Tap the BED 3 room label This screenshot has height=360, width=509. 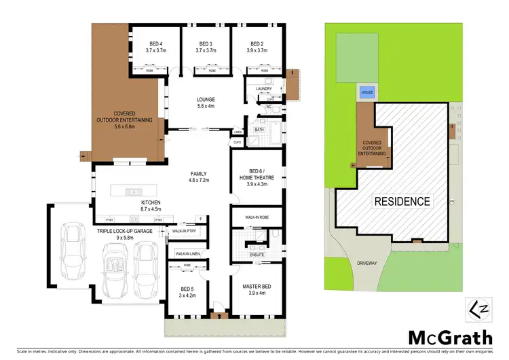(205, 43)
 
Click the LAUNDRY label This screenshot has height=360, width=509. (264, 89)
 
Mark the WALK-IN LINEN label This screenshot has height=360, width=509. (187, 254)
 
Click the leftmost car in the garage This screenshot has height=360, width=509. (72, 248)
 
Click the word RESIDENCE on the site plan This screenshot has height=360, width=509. (401, 201)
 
